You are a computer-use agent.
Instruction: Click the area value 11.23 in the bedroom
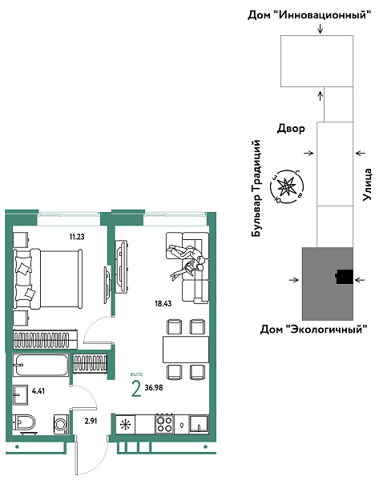(77, 236)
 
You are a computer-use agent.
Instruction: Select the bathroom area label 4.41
(39, 391)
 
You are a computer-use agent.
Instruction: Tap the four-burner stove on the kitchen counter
(164, 424)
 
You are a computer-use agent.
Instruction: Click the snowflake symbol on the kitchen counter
(125, 425)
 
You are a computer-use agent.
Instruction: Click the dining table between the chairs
(185, 349)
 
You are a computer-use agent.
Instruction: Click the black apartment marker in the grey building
(344, 278)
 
